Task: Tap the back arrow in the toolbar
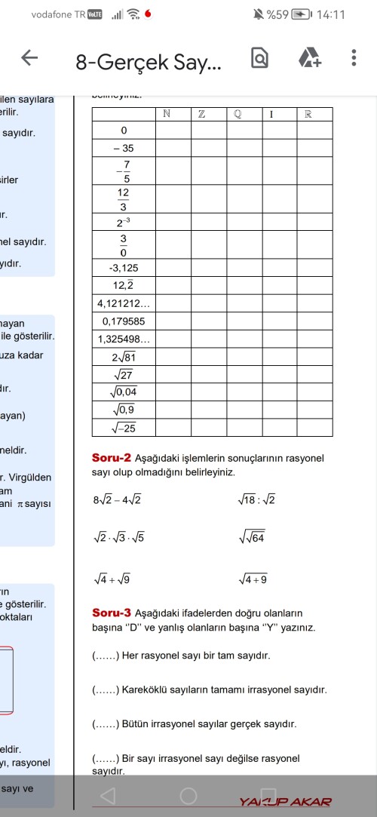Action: point(29,59)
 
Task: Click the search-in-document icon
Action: point(259,59)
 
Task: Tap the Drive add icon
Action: point(309,59)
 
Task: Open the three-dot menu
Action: point(354,59)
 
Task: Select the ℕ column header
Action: point(173,114)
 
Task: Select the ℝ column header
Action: point(314,114)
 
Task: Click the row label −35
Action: point(123,148)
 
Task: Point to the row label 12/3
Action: point(123,199)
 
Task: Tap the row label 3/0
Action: point(123,245)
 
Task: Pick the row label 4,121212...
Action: point(124,304)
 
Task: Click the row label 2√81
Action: point(123,357)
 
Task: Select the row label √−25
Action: point(123,428)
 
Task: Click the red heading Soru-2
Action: point(112,458)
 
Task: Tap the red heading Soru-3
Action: point(112,613)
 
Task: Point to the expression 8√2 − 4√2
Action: point(117,500)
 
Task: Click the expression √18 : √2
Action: point(256,500)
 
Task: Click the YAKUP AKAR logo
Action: point(285,801)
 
